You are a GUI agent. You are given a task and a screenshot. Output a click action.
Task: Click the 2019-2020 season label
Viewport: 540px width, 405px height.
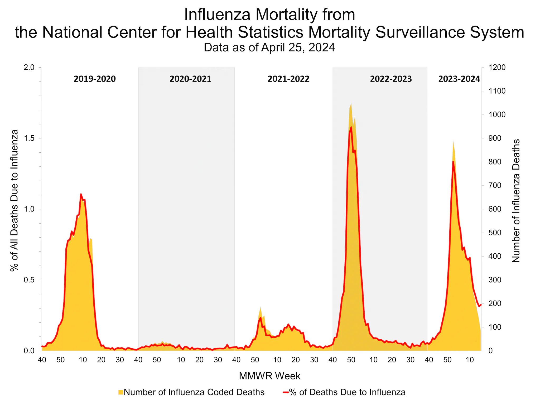click(x=95, y=79)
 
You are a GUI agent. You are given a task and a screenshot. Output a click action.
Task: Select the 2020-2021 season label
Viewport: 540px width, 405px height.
click(x=190, y=79)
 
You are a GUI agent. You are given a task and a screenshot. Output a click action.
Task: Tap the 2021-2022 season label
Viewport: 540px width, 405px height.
click(x=288, y=79)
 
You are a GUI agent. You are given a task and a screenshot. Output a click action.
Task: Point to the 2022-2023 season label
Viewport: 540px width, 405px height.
click(x=391, y=79)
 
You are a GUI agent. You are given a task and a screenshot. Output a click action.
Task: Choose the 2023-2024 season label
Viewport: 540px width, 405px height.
click(x=459, y=79)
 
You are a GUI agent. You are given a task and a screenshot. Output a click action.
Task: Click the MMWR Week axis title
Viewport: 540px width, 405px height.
click(x=269, y=376)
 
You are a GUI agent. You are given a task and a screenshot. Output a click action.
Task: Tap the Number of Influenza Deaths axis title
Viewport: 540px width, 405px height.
click(x=516, y=201)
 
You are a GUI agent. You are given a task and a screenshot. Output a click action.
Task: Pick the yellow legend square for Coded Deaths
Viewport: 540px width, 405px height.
click(x=121, y=392)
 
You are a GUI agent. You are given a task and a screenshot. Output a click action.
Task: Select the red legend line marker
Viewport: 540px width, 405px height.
click(x=286, y=392)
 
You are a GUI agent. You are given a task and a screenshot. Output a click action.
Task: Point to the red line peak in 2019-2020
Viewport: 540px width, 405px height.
click(x=81, y=194)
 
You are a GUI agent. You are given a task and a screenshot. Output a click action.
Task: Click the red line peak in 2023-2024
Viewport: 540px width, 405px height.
click(x=453, y=162)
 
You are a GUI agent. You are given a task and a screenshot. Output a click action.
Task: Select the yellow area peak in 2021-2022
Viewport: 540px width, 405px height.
click(x=261, y=307)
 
